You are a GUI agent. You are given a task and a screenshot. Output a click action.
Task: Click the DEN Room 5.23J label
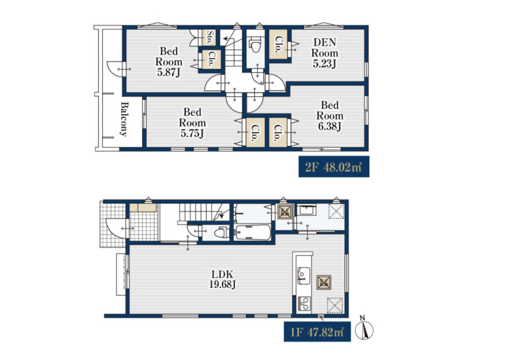coord(324,53)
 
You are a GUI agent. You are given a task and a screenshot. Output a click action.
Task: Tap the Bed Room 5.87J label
coord(168,61)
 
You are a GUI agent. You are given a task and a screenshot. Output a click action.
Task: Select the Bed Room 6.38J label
coord(330,115)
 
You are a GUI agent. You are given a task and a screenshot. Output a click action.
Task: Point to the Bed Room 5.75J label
coord(192,122)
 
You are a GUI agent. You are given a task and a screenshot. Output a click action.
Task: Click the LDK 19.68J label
coord(222,279)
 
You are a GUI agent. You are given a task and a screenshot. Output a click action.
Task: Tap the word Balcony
coord(124,119)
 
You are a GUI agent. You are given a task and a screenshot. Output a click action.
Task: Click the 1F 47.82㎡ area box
coord(317,332)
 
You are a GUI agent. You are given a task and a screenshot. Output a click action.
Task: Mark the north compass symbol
coord(363,328)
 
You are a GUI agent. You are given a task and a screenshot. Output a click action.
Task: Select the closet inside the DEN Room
coord(279,44)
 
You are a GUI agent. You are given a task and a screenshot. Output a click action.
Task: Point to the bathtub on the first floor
coord(252,232)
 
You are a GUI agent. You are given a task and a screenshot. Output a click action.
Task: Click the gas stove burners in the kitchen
coord(305,305)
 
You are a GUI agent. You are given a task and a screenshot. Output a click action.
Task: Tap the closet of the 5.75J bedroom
coord(255,132)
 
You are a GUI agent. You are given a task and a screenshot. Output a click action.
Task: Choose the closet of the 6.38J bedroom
coord(279,132)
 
